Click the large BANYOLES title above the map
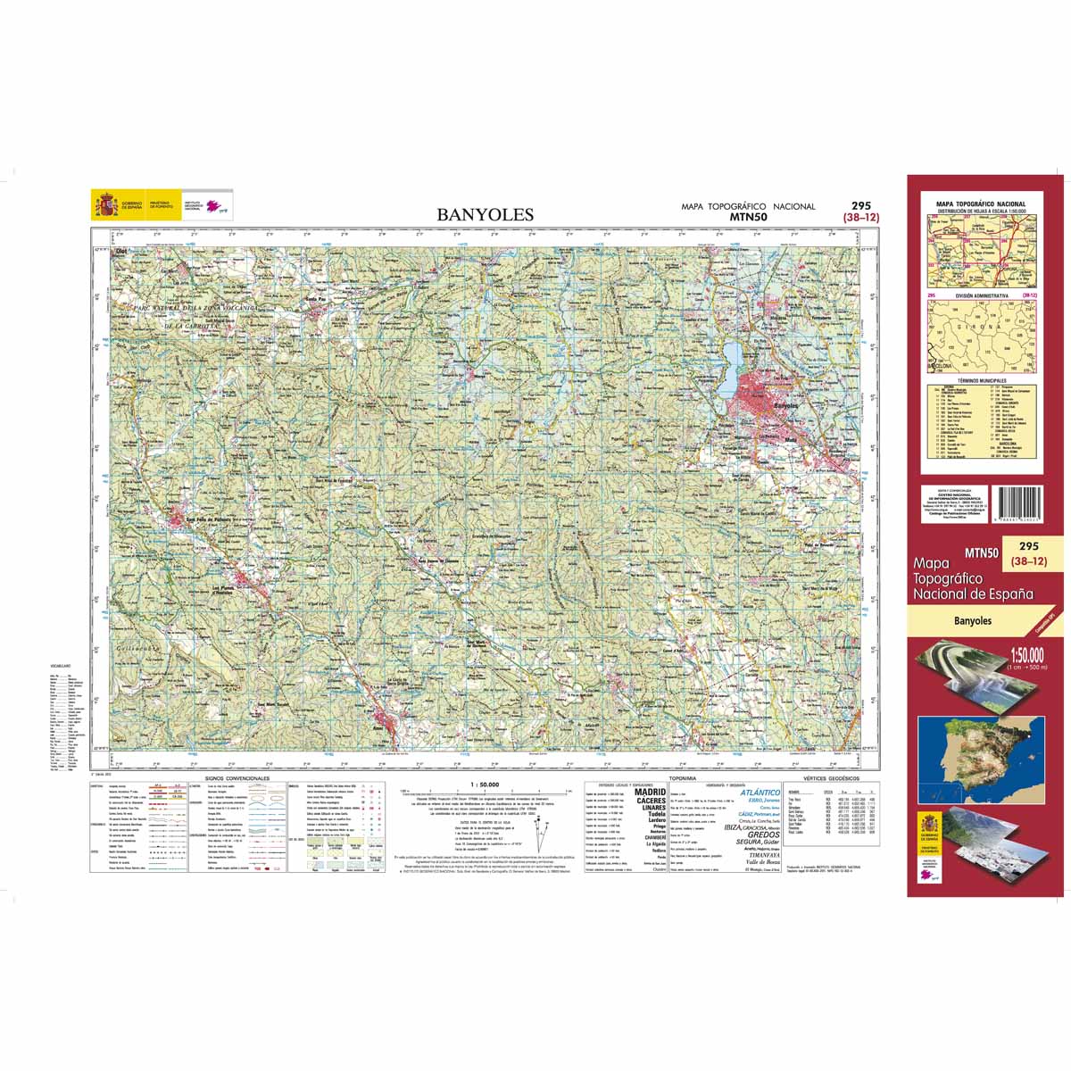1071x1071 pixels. [485, 214]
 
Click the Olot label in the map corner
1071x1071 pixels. [121, 253]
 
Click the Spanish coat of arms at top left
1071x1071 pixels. [106, 207]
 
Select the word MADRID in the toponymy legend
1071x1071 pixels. [649, 792]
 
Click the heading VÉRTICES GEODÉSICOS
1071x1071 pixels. [831, 778]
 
